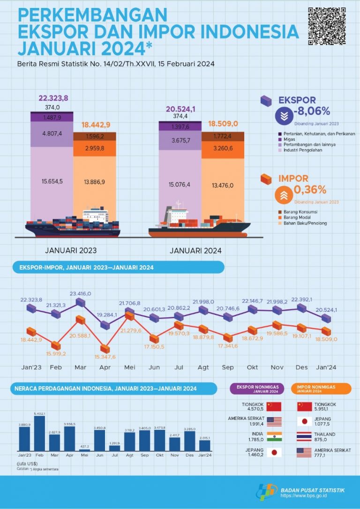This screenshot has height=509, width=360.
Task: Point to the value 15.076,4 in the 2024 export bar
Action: click(x=180, y=185)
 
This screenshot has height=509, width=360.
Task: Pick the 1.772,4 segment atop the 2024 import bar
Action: click(x=223, y=136)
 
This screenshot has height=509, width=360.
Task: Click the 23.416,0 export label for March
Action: click(x=81, y=293)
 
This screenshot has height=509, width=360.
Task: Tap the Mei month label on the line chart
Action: click(x=130, y=367)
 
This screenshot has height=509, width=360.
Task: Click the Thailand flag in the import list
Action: click(x=304, y=436)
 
